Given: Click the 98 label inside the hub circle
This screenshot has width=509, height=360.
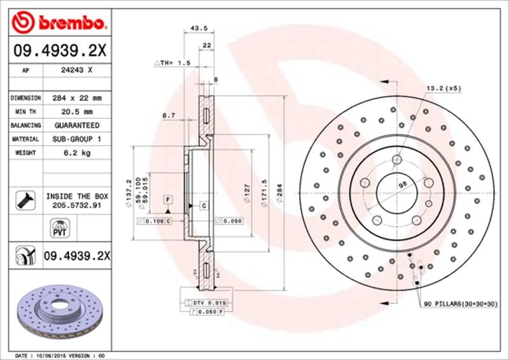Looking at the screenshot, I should (x=401, y=184).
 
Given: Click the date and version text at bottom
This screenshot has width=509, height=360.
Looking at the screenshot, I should (x=59, y=355).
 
